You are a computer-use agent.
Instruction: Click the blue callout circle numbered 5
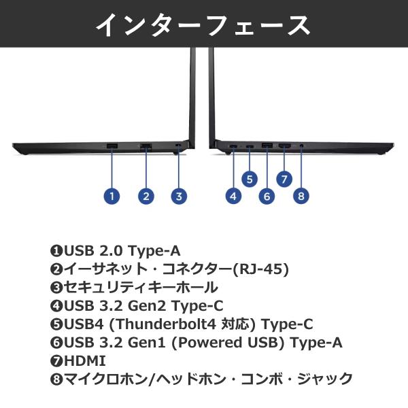click(x=250, y=179)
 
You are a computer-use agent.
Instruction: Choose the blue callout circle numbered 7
click(x=284, y=179)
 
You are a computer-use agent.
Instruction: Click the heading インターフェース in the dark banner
click(x=203, y=24)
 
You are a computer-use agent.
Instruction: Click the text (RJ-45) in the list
click(x=262, y=269)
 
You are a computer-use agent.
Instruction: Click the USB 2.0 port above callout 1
click(x=112, y=146)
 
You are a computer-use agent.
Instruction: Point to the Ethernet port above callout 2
click(x=146, y=146)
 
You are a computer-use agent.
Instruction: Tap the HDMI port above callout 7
click(x=284, y=146)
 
